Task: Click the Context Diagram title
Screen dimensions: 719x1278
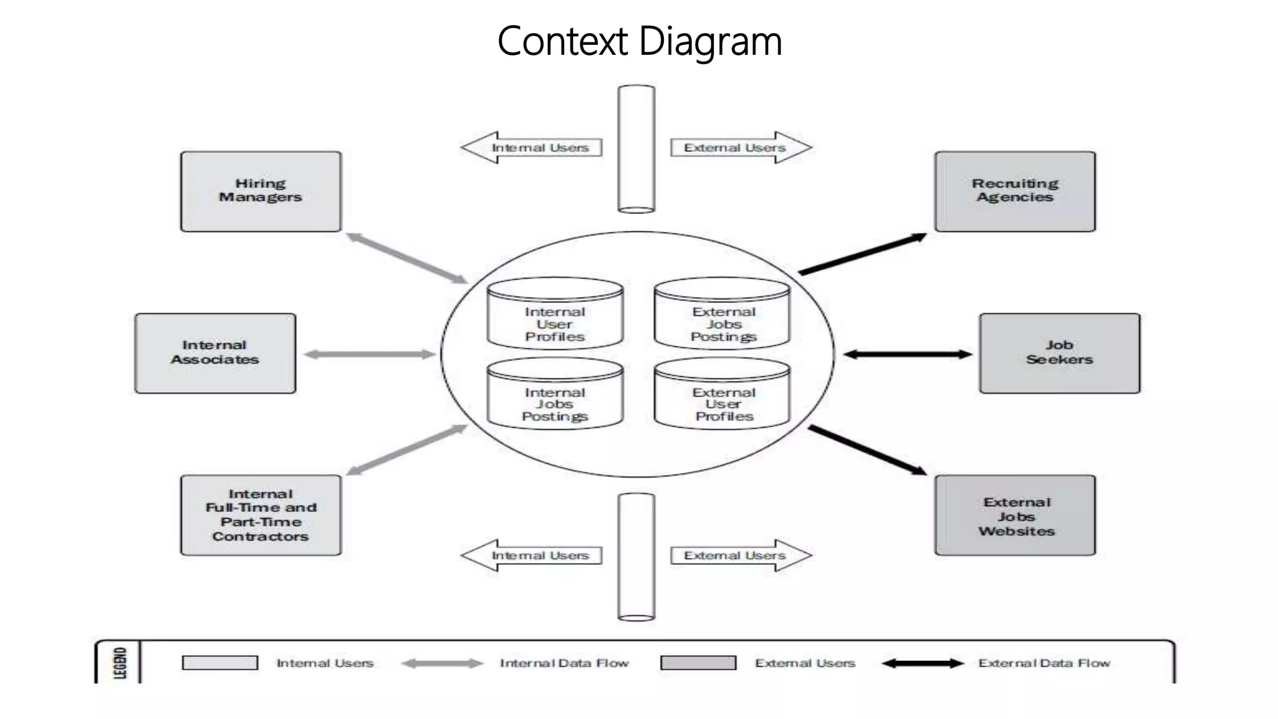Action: tap(639, 41)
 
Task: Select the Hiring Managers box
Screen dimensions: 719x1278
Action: tap(261, 191)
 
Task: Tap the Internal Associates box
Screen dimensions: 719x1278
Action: tap(215, 353)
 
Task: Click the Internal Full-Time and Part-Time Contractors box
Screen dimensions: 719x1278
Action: tap(261, 516)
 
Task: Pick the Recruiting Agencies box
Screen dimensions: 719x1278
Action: tap(1015, 191)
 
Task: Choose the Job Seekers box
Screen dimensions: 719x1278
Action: tap(1060, 353)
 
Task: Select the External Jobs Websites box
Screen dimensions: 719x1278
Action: tap(1015, 516)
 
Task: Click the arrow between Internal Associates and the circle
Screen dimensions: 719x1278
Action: tap(369, 355)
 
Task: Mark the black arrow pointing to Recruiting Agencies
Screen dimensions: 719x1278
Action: tap(862, 254)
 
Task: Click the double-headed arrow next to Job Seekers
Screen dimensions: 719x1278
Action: tap(907, 355)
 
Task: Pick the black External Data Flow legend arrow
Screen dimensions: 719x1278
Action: tap(923, 663)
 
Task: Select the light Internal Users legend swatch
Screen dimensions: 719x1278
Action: tap(220, 663)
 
